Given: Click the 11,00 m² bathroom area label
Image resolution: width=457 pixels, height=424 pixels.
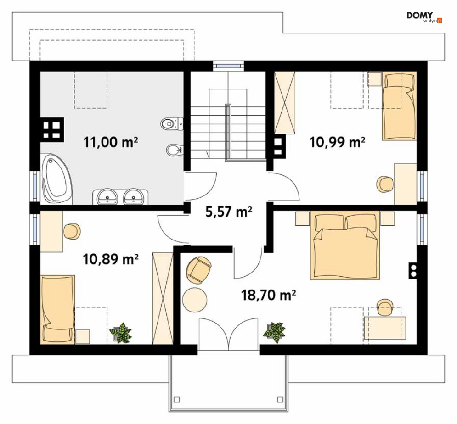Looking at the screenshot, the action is click(111, 142).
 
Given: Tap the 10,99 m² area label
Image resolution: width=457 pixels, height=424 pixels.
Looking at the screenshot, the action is click(337, 142).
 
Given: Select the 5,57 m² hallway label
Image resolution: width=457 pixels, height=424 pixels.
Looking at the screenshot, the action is click(229, 212).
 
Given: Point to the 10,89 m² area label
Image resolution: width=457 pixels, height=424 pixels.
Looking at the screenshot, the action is click(111, 259).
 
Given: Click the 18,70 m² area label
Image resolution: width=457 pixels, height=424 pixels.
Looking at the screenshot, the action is click(268, 296).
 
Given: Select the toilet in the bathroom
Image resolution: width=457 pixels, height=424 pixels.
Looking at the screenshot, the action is click(172, 124).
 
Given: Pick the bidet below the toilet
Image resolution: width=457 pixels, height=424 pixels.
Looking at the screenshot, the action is click(175, 150).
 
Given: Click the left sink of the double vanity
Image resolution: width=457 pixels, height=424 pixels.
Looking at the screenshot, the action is click(107, 196).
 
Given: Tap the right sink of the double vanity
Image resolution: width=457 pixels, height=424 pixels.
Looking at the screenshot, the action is click(133, 196).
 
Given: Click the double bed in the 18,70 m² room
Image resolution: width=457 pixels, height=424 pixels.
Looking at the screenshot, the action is click(345, 245).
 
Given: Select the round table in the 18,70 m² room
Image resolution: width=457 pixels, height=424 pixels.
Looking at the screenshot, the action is click(195, 300).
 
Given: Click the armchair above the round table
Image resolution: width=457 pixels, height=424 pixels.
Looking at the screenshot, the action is click(198, 270).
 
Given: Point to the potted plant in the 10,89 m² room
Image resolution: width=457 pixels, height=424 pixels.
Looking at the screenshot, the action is click(121, 333).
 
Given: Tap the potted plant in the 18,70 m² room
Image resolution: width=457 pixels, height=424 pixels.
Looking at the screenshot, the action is click(274, 333).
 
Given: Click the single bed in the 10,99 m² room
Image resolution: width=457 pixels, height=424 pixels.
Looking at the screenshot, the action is click(399, 106).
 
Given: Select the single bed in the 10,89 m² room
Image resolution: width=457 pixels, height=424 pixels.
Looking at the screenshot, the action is click(58, 310).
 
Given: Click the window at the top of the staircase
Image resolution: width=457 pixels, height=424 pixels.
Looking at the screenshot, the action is click(228, 66).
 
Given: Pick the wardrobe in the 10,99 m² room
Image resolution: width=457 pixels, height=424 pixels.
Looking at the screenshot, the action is click(285, 103).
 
